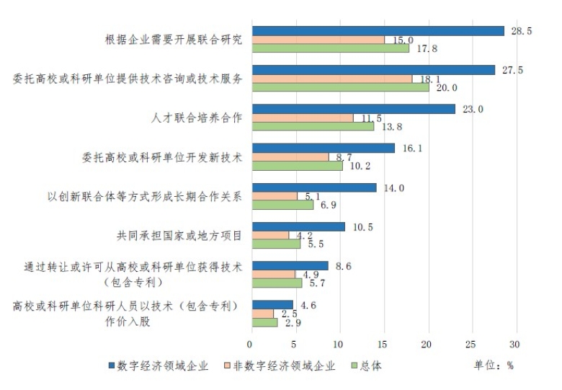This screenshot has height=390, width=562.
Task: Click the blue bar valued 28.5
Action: [377, 31]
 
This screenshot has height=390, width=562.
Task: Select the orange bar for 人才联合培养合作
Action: [302, 118]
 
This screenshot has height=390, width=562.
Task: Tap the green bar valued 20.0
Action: [339, 87]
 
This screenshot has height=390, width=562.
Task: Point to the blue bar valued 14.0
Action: [313, 187]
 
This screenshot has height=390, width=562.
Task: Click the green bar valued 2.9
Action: [264, 322]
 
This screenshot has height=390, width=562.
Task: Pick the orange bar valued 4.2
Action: [269, 235]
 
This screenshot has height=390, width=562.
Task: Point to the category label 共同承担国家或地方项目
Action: [179, 234]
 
